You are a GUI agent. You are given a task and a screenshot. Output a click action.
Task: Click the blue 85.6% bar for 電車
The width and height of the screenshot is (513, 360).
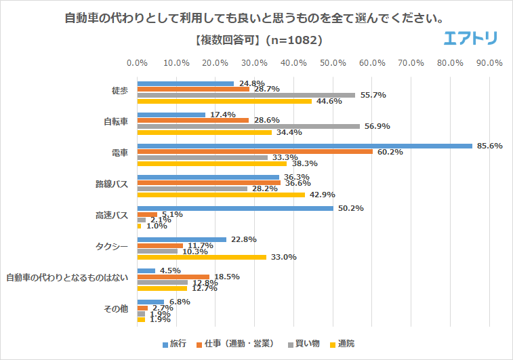[x=305, y=146]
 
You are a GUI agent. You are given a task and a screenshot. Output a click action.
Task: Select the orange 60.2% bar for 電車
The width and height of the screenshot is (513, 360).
[x=255, y=152]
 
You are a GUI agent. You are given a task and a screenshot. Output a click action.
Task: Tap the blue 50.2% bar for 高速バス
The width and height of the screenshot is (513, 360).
[x=235, y=208]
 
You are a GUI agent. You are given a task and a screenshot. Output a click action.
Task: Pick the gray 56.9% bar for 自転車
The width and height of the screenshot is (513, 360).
[x=249, y=126]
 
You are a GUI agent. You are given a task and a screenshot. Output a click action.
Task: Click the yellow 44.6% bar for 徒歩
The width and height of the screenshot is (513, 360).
[x=224, y=101]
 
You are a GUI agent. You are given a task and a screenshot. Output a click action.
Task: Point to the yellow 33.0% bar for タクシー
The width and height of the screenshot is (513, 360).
[x=202, y=257]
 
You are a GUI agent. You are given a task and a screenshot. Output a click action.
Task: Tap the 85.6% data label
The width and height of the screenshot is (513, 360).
[x=489, y=146]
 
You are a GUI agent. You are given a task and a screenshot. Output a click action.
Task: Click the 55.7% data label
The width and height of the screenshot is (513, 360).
[x=373, y=95]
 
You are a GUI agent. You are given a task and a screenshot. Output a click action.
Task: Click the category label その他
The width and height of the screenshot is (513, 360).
[x=116, y=310]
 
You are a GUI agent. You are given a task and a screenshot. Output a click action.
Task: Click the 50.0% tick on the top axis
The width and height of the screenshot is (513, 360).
[x=333, y=63]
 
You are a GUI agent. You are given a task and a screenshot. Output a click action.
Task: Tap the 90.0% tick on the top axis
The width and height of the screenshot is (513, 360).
[x=489, y=63]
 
